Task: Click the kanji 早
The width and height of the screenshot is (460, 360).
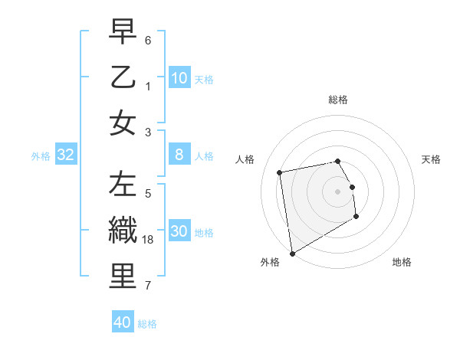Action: (x=123, y=33)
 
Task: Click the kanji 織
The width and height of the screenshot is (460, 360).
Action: (x=123, y=231)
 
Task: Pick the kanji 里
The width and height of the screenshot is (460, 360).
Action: (x=123, y=277)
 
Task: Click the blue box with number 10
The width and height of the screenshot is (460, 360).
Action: (x=179, y=77)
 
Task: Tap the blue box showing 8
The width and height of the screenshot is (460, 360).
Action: (x=179, y=155)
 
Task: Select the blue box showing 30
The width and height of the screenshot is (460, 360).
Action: (x=179, y=231)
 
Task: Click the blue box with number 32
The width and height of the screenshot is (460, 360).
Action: (x=66, y=155)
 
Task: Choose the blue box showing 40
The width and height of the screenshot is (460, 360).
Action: (x=123, y=322)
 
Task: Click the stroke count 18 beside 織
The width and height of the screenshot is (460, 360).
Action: (x=149, y=240)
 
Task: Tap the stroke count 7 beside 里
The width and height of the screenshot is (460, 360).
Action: (x=148, y=286)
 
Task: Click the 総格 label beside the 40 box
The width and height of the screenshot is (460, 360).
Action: (x=147, y=324)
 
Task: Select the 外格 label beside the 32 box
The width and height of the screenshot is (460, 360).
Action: (x=41, y=156)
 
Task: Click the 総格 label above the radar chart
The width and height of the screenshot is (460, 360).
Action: (x=337, y=100)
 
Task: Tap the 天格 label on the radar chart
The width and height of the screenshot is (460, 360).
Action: (x=431, y=159)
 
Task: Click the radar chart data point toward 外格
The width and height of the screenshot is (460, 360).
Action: (x=292, y=254)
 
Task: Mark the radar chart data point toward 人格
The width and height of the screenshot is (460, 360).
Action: (x=280, y=172)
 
